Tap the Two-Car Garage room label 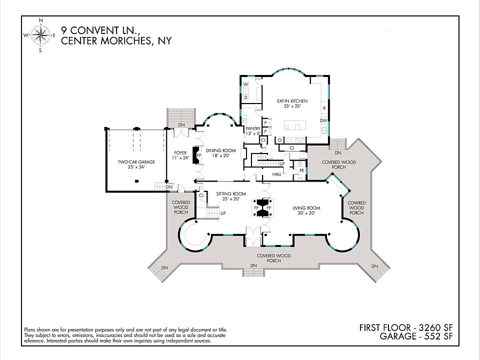(136, 164)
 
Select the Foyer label (180, 155)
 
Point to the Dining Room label (220, 153)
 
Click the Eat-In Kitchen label (292, 103)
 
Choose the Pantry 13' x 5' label (253, 131)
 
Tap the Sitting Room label (231, 196)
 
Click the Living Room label (306, 210)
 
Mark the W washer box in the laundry (246, 84)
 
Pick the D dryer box (246, 97)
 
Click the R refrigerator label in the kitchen (324, 108)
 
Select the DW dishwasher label (323, 120)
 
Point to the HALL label (276, 174)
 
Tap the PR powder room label (301, 170)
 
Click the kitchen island (295, 125)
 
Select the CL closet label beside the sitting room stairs (201, 195)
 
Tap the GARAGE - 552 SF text (416, 336)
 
